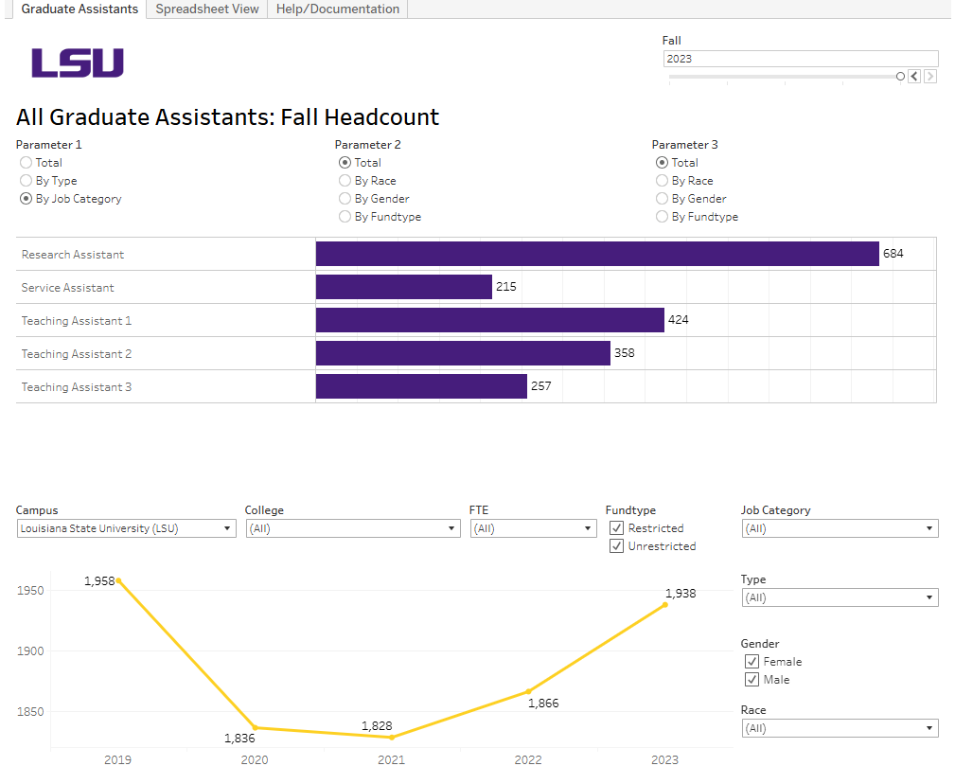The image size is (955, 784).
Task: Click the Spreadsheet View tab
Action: click(x=206, y=9)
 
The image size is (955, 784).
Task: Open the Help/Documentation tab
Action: click(x=337, y=9)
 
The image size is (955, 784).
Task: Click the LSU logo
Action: click(x=78, y=63)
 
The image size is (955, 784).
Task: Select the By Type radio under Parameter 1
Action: click(x=27, y=181)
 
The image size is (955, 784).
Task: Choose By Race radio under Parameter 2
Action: click(x=345, y=181)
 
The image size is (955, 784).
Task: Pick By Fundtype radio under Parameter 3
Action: click(x=663, y=217)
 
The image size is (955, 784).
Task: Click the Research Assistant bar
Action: click(x=596, y=254)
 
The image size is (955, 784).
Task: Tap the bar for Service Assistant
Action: click(x=403, y=287)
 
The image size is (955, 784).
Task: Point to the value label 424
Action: click(x=678, y=320)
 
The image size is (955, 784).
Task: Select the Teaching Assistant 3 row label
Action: click(x=77, y=387)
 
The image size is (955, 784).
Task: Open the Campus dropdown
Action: click(x=127, y=528)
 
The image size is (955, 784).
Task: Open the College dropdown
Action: click(x=352, y=528)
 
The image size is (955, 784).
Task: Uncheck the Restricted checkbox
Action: click(x=617, y=528)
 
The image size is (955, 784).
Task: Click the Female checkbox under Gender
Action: click(x=752, y=662)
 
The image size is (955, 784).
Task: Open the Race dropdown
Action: click(x=839, y=728)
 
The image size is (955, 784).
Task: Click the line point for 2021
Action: click(x=391, y=738)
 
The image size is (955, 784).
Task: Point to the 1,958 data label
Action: click(x=99, y=580)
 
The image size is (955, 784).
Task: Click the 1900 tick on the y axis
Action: click(x=30, y=651)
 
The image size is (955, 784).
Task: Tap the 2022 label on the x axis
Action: click(x=528, y=760)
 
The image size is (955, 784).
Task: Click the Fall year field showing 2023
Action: click(x=800, y=59)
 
